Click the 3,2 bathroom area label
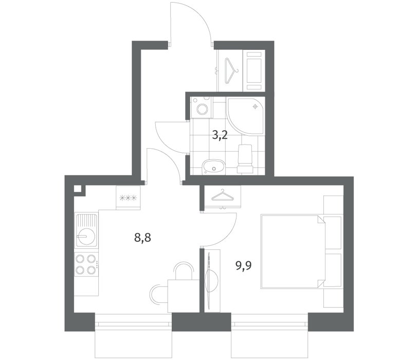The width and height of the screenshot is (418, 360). [x=220, y=136]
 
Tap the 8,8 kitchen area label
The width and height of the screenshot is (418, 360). [x=143, y=237]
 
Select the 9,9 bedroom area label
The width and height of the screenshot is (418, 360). [x=244, y=265]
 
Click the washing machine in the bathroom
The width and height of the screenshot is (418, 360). [x=202, y=107]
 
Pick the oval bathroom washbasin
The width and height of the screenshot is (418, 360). [x=214, y=167]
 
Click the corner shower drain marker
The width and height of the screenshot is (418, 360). [x=256, y=106]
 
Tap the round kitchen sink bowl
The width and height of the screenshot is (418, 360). [x=86, y=236]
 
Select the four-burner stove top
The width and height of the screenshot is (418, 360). [x=86, y=264]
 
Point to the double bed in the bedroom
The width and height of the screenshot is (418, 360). [x=293, y=251]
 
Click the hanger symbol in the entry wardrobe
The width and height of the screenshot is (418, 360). [x=230, y=70]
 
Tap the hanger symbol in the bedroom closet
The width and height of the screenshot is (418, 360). [x=222, y=195]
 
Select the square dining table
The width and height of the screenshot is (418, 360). [x=184, y=296]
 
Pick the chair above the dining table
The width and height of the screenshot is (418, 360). [x=184, y=271]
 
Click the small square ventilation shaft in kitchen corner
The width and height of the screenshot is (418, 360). [x=78, y=189]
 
